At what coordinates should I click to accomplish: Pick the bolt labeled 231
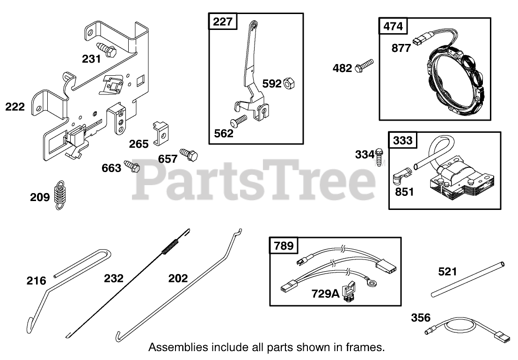[x=107, y=50]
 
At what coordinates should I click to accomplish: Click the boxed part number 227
[x=223, y=22]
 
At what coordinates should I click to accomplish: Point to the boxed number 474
[x=393, y=26]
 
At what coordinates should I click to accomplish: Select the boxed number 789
[x=283, y=245]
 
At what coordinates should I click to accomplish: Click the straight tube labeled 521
[x=468, y=279]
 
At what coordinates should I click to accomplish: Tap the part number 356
[x=421, y=318]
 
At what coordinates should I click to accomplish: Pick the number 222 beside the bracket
[x=15, y=107]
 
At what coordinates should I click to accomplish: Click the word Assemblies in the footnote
[x=172, y=347]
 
